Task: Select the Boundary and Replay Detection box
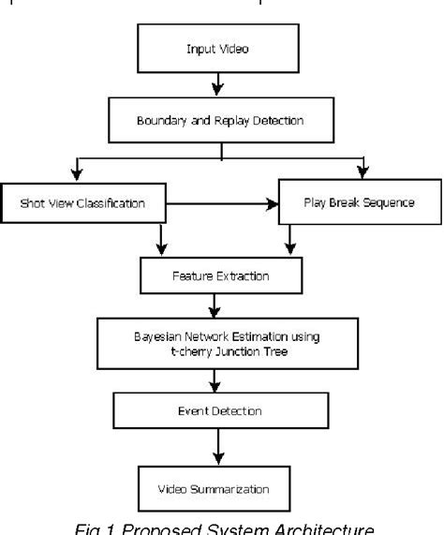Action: coord(221,119)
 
